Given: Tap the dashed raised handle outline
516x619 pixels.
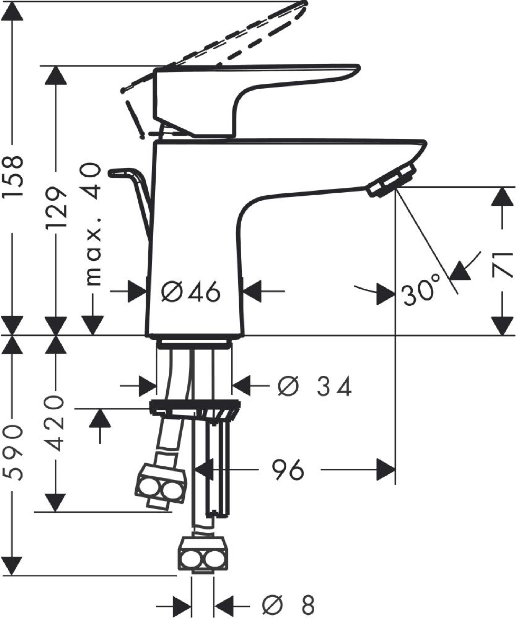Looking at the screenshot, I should point(236,38).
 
